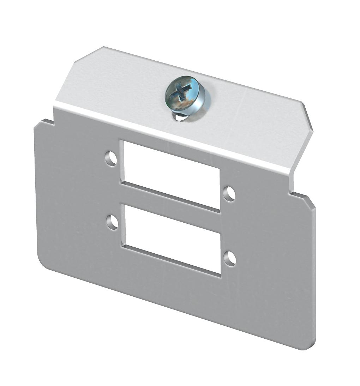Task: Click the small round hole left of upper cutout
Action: [x=111, y=158]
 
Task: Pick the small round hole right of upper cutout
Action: [x=229, y=193]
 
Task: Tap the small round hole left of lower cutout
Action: [x=113, y=222]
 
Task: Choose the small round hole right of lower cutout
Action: [x=230, y=258]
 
